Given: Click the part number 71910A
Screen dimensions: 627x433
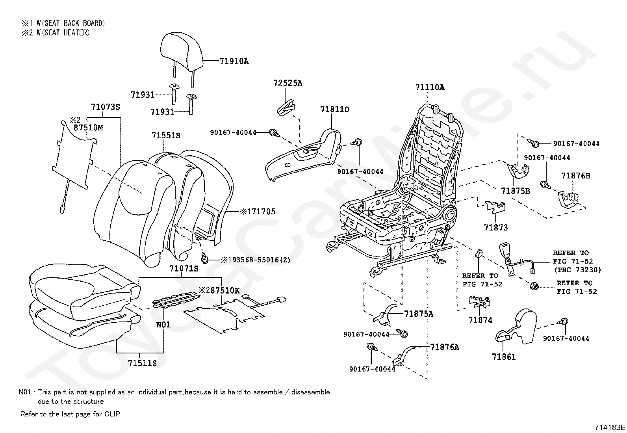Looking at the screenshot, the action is (x=234, y=61).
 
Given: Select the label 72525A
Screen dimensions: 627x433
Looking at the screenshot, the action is (x=288, y=83).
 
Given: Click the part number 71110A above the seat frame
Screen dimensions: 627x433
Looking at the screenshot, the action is (x=430, y=87).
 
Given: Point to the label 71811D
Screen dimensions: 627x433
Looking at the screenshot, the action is (x=335, y=109).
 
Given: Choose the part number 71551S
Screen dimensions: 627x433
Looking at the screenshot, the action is (x=166, y=136).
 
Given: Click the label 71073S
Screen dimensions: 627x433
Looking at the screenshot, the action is (x=105, y=107).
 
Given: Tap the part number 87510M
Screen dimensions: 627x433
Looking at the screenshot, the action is (x=88, y=128).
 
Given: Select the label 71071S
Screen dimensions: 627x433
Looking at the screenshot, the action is (x=184, y=269).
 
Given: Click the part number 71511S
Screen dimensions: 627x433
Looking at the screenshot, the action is (x=142, y=363).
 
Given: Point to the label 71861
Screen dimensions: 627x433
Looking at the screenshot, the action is (x=504, y=357).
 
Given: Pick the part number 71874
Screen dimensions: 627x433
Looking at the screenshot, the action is (x=480, y=320).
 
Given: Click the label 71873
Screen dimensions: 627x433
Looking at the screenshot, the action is (x=496, y=227).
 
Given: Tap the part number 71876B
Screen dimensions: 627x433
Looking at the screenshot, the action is (x=576, y=176).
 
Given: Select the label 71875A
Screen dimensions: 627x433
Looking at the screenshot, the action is (x=419, y=314).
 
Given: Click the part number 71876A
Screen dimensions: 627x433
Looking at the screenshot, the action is (x=445, y=347).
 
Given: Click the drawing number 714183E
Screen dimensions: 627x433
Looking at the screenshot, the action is (x=610, y=427).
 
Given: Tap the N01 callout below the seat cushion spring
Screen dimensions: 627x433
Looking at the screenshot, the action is (x=163, y=325).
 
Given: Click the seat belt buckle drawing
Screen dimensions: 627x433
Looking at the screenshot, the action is (x=507, y=259).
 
